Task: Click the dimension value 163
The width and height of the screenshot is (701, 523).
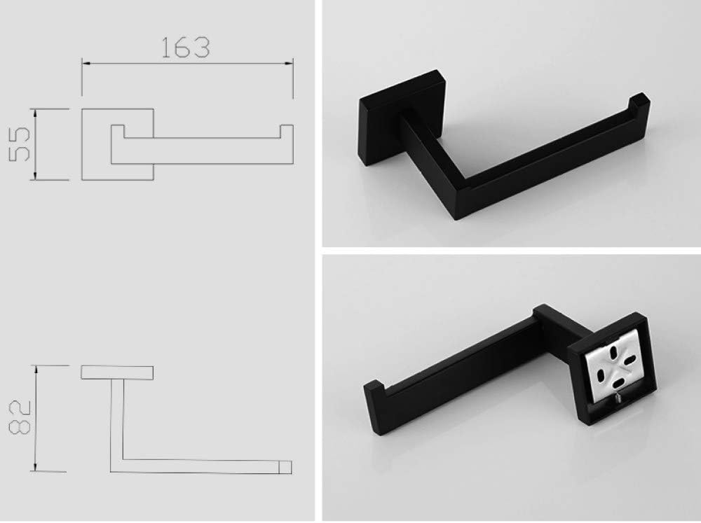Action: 186,48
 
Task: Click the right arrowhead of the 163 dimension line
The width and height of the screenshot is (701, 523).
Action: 291,64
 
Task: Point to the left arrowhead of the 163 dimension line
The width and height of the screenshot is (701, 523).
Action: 85,64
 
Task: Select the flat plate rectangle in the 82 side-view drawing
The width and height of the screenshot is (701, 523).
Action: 118,372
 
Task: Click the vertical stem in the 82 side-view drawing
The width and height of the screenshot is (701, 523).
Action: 116,420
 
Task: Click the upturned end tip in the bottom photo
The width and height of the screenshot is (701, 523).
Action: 372,395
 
